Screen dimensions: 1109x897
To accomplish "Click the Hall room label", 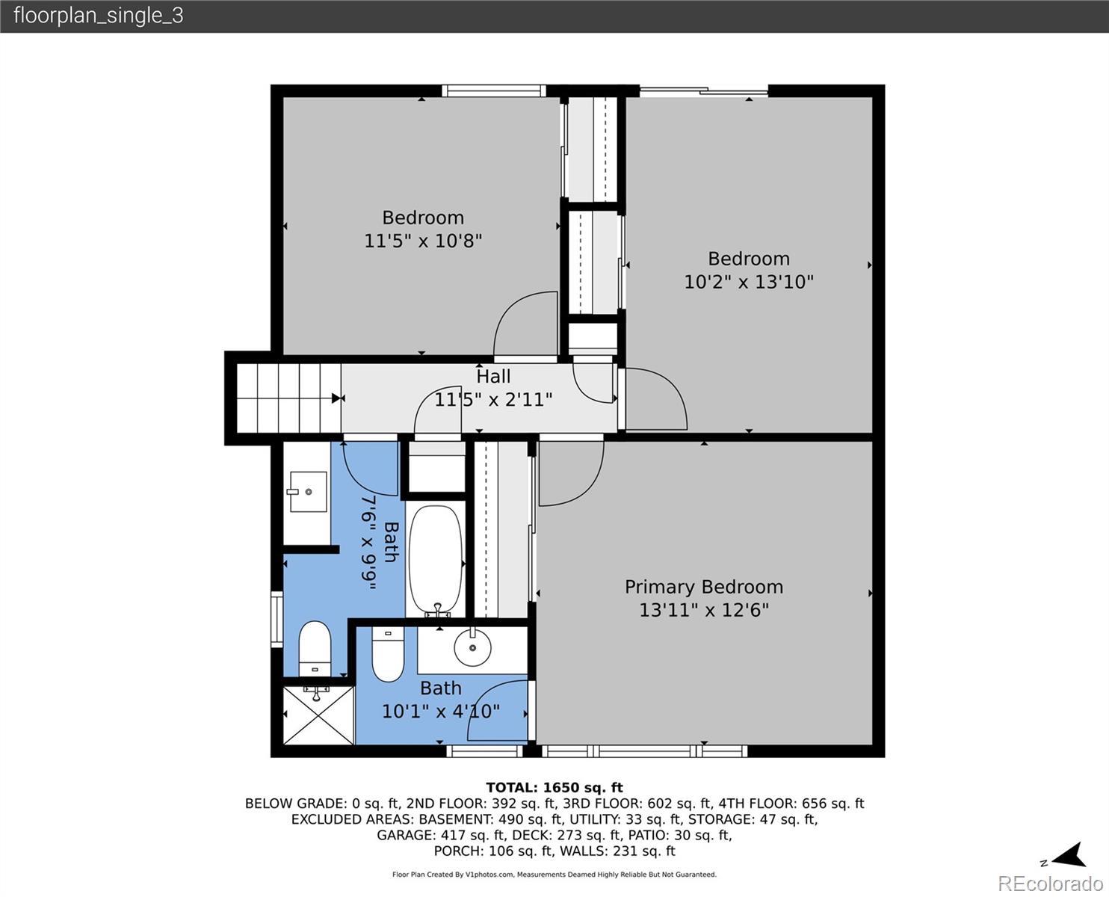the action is [493, 376].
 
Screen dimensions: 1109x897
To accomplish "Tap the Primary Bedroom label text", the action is [704, 587].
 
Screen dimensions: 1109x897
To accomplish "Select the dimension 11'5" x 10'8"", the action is [423, 241].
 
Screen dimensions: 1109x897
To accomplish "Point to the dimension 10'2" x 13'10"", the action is [749, 282].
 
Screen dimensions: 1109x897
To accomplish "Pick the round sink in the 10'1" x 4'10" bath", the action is [472, 647].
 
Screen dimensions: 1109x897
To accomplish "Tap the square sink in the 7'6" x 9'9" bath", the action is [308, 491].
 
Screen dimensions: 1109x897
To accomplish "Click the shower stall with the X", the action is [318, 715].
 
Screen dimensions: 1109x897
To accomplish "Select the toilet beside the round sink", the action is [388, 654].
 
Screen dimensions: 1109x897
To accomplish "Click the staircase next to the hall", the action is [289, 398].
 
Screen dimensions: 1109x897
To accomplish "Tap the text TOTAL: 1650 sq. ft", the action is [554, 788].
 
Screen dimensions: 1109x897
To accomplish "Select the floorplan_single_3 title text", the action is [99, 16].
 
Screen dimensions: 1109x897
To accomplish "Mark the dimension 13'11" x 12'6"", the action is [704, 610].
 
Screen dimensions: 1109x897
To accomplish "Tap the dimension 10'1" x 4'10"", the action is [441, 711].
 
